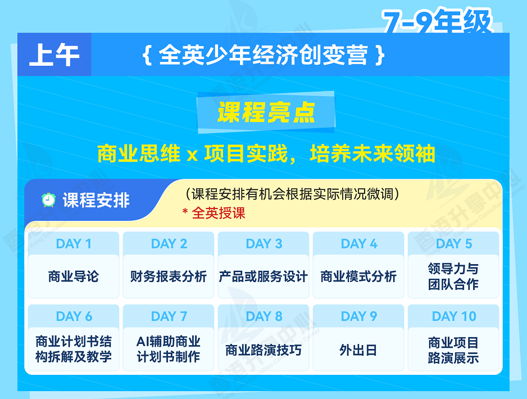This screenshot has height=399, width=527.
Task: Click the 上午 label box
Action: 54,55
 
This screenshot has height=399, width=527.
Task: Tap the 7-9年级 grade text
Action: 437,21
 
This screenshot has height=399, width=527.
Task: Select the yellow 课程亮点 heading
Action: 266,112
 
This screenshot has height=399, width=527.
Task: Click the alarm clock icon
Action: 48,199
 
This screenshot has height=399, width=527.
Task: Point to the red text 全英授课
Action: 219,213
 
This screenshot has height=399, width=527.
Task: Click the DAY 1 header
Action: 74,243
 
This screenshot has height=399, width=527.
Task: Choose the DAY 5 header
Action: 453,243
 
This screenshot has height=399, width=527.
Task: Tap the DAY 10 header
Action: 453,316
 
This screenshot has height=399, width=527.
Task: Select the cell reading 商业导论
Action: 74,276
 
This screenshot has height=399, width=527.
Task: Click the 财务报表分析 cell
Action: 169,276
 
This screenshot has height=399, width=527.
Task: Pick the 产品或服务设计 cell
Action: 263,276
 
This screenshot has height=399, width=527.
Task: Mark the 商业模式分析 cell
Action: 358,276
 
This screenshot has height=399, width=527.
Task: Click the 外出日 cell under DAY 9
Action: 358,350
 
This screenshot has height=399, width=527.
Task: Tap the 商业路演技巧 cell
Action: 263,350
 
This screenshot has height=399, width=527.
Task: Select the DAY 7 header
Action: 169,316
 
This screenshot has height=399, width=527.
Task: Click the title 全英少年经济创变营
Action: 263,55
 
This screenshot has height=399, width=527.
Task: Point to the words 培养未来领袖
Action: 372,153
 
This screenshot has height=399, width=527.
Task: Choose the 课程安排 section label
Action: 96,200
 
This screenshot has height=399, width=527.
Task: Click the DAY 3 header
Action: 263,243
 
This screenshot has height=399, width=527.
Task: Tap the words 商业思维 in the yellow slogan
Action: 139,153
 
